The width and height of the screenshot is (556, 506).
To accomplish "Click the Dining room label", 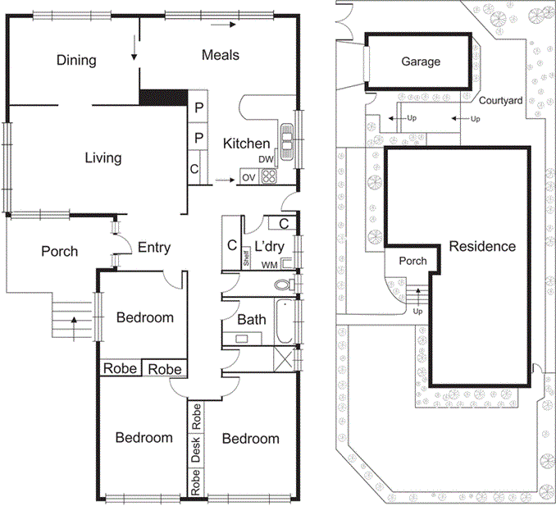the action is point(76,60).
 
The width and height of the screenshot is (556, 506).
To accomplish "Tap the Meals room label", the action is point(221,55).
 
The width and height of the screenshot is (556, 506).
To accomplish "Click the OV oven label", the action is point(248,177).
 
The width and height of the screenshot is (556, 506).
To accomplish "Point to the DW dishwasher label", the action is point(266,160).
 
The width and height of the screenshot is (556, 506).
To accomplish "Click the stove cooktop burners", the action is point(269,176).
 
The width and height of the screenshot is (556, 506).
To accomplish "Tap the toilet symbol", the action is point(285,284).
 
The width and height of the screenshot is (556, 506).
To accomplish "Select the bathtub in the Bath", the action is point(285,321).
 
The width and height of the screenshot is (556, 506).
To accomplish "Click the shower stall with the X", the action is point(285,359).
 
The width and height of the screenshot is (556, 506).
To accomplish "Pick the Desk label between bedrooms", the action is point(196,449).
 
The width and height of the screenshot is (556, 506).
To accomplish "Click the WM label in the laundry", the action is point(270,265).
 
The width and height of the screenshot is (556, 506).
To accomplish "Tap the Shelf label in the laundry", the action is point(246,257).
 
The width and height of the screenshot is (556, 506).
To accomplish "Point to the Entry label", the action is point(154,247).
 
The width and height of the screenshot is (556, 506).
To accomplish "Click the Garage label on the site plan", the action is point(421,62).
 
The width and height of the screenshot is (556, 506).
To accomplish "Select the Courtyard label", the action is point(501,100).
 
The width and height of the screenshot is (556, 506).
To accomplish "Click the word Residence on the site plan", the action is point(482,246).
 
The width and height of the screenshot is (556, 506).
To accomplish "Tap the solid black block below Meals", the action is point(163,97).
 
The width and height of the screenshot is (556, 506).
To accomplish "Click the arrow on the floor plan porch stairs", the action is point(74,329).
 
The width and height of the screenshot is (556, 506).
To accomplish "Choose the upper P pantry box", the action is point(198,107).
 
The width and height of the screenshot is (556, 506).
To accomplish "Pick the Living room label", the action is point(103,157).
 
